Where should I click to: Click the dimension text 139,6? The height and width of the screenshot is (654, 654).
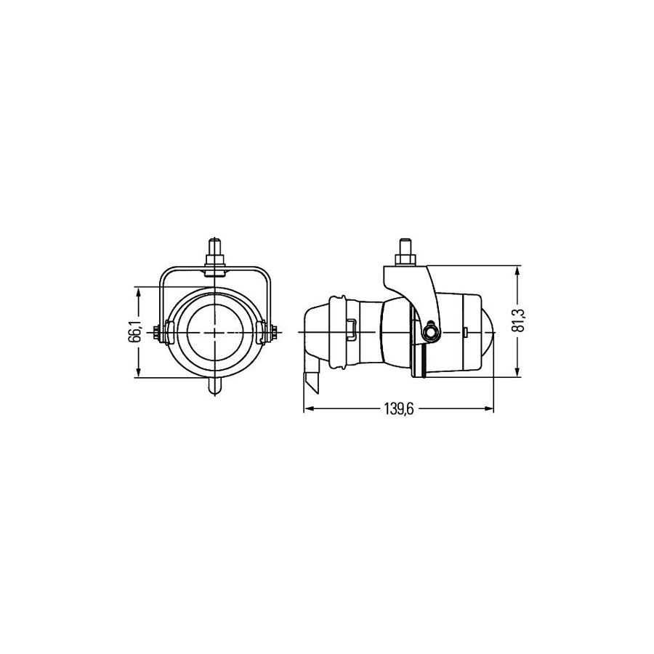pos(397,410)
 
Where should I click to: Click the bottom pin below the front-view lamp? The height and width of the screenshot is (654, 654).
pos(216,385)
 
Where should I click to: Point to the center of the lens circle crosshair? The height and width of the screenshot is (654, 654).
pos(216,333)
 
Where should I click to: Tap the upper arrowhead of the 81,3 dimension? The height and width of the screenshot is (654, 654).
pos(517,271)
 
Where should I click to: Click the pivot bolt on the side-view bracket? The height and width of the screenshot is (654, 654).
pos(432,332)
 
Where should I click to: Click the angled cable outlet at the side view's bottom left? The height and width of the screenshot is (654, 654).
pos(311,378)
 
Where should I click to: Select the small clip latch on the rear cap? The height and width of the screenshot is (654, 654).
pos(351,329)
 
